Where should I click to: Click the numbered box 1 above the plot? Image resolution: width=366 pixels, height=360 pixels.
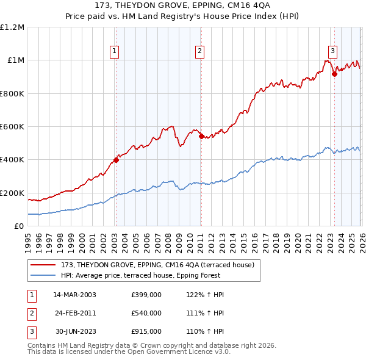115,51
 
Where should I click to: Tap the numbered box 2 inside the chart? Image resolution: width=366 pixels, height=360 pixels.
200,51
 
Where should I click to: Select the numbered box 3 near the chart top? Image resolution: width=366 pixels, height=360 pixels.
333,51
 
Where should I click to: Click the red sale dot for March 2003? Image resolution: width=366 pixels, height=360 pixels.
116,160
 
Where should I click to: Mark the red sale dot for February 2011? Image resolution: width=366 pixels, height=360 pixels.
201,137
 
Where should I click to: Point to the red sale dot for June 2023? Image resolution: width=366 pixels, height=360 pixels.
334,74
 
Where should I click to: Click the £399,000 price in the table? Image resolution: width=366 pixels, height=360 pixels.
146,295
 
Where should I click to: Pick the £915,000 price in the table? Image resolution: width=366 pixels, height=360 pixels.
146,331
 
